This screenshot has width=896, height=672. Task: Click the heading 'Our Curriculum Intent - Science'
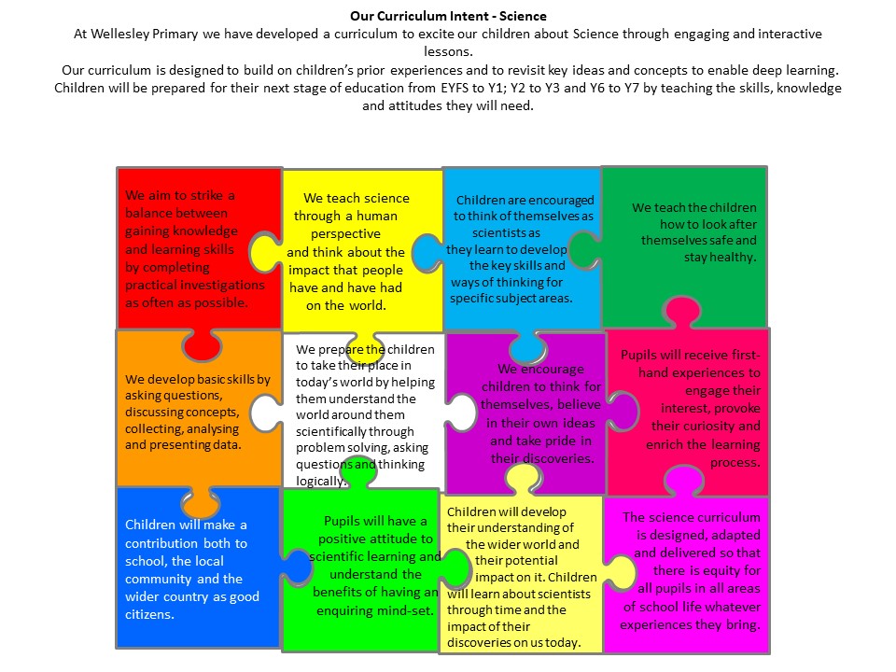(x=448, y=16)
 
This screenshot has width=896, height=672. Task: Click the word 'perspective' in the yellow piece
(x=345, y=233)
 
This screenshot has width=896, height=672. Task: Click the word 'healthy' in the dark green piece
(x=732, y=258)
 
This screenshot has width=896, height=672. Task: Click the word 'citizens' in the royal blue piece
(x=149, y=614)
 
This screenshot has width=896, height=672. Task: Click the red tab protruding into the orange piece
(x=202, y=344)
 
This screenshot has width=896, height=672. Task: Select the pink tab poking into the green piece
(x=681, y=312)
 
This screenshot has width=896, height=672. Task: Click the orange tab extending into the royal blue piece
(x=201, y=502)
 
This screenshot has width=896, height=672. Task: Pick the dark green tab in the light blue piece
(x=585, y=250)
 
